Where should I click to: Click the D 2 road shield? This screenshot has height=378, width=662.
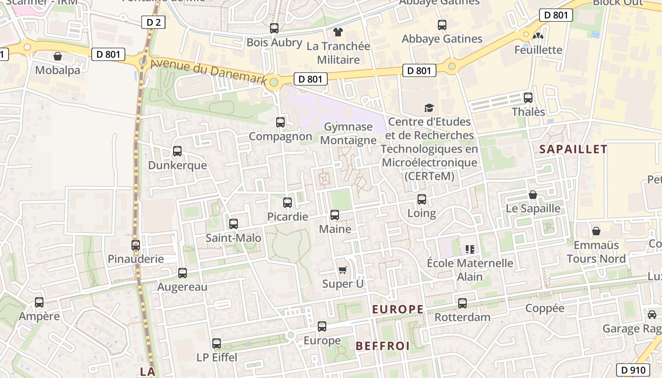(x=153, y=22)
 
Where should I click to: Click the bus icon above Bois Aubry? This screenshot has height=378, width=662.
(x=274, y=28)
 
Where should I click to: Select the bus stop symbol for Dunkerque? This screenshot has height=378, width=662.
(x=177, y=151)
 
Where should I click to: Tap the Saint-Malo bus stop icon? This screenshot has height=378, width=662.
(x=234, y=224)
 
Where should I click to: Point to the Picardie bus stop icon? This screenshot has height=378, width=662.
(x=287, y=203)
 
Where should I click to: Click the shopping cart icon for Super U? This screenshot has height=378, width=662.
(x=343, y=270)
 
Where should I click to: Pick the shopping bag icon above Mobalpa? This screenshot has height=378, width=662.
(x=58, y=56)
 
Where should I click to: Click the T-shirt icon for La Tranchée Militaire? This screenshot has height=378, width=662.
(x=338, y=32)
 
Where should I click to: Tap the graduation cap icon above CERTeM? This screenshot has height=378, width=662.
(x=429, y=108)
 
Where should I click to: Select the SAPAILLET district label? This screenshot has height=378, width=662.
(x=573, y=149)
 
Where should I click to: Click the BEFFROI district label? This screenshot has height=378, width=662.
(x=383, y=346)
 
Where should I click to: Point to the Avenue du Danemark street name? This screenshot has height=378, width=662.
(x=209, y=71)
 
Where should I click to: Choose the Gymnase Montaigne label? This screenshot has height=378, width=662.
(x=348, y=133)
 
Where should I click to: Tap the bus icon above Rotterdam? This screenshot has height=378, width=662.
(x=462, y=303)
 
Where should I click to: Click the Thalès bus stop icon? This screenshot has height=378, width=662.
(x=528, y=98)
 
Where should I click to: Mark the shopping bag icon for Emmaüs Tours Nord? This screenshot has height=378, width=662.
(x=596, y=231)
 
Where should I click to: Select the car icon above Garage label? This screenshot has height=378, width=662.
(x=652, y=314)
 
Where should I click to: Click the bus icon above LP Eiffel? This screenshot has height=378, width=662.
(x=217, y=344)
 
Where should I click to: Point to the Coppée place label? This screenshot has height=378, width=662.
(x=545, y=308)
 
